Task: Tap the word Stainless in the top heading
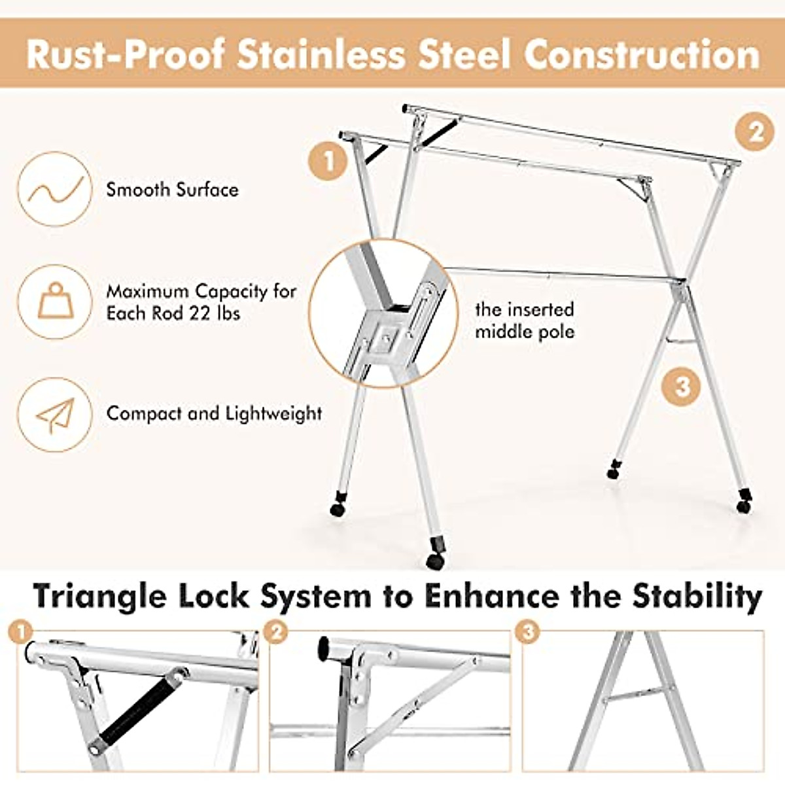[x=321, y=54]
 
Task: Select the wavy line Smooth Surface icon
[x=54, y=189]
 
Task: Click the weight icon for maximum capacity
[x=54, y=302]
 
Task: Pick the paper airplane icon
[x=54, y=415]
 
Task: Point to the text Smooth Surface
[x=172, y=190]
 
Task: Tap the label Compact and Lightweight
[x=214, y=413]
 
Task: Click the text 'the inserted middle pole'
[x=524, y=321]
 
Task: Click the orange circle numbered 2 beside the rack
[x=756, y=132]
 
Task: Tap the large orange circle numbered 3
[x=682, y=386]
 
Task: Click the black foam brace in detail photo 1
[x=139, y=707]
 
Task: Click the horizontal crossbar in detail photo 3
[x=638, y=695]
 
